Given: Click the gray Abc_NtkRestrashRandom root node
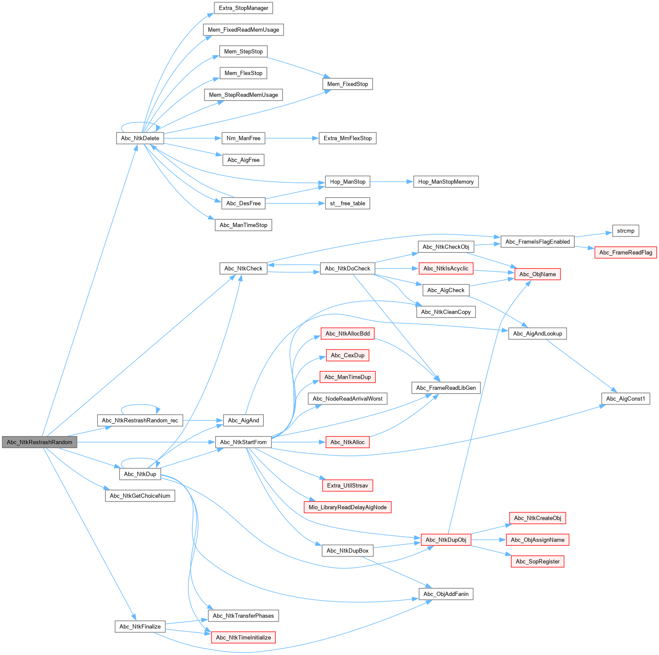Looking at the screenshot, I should point(39,442).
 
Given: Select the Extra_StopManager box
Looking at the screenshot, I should point(243,8).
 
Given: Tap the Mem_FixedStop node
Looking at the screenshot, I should point(347,84).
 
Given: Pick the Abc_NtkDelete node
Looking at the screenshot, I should point(140,138).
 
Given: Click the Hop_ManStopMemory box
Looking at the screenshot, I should point(446,182).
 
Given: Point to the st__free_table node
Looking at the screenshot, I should point(347,203).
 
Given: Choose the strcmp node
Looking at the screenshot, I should point(626,231).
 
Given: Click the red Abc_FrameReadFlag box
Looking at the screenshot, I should point(626,252).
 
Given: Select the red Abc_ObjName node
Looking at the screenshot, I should point(537,274).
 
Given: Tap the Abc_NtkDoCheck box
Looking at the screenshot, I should point(347,269).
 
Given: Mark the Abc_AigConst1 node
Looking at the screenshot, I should point(626,398).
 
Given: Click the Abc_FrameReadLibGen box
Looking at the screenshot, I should point(446,388).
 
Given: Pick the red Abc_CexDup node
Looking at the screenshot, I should point(347,355).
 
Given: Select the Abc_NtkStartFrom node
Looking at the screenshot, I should point(243,442).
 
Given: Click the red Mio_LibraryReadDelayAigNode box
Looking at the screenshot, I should point(347,507).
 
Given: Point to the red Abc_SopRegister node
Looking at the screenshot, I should point(537,561).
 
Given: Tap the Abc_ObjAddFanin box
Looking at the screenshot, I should point(446,594).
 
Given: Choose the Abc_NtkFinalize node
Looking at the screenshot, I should point(140,626).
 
